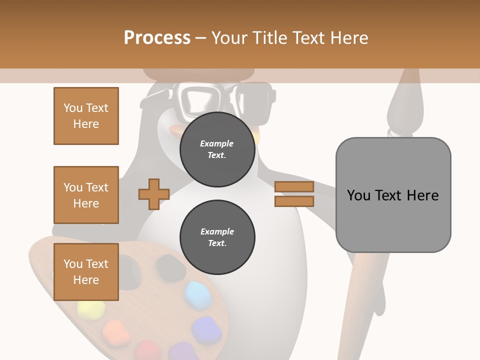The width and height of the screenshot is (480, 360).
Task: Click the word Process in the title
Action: pyautogui.click(x=157, y=37)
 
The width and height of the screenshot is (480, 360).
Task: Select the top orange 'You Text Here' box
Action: pyautogui.click(x=86, y=116)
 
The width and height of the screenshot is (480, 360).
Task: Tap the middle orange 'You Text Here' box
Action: pyautogui.click(x=86, y=195)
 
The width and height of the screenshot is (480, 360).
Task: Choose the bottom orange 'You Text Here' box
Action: pyautogui.click(x=86, y=272)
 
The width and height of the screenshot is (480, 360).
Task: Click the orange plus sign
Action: pyautogui.click(x=154, y=194)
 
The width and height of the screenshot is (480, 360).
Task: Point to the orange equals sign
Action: pyautogui.click(x=294, y=194)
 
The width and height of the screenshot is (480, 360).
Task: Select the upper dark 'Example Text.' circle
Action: pyautogui.click(x=217, y=149)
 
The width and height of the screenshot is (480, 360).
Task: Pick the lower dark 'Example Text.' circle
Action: pyautogui.click(x=217, y=237)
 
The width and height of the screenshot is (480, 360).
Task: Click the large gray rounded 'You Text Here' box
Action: pyautogui.click(x=393, y=195)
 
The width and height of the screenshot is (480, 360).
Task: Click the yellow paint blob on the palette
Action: pyautogui.click(x=91, y=311)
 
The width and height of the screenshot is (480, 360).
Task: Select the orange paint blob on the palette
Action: pyautogui.click(x=114, y=330)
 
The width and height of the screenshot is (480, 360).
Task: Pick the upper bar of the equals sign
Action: pyautogui.click(x=294, y=187)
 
